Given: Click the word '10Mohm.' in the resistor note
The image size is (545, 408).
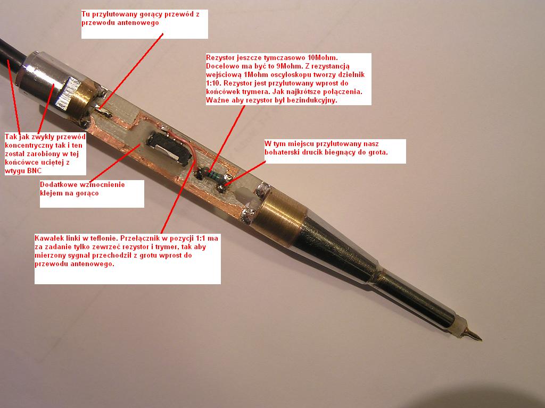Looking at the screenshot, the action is [x=323, y=57].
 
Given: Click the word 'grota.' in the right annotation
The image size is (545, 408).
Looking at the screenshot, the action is [x=377, y=152].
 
